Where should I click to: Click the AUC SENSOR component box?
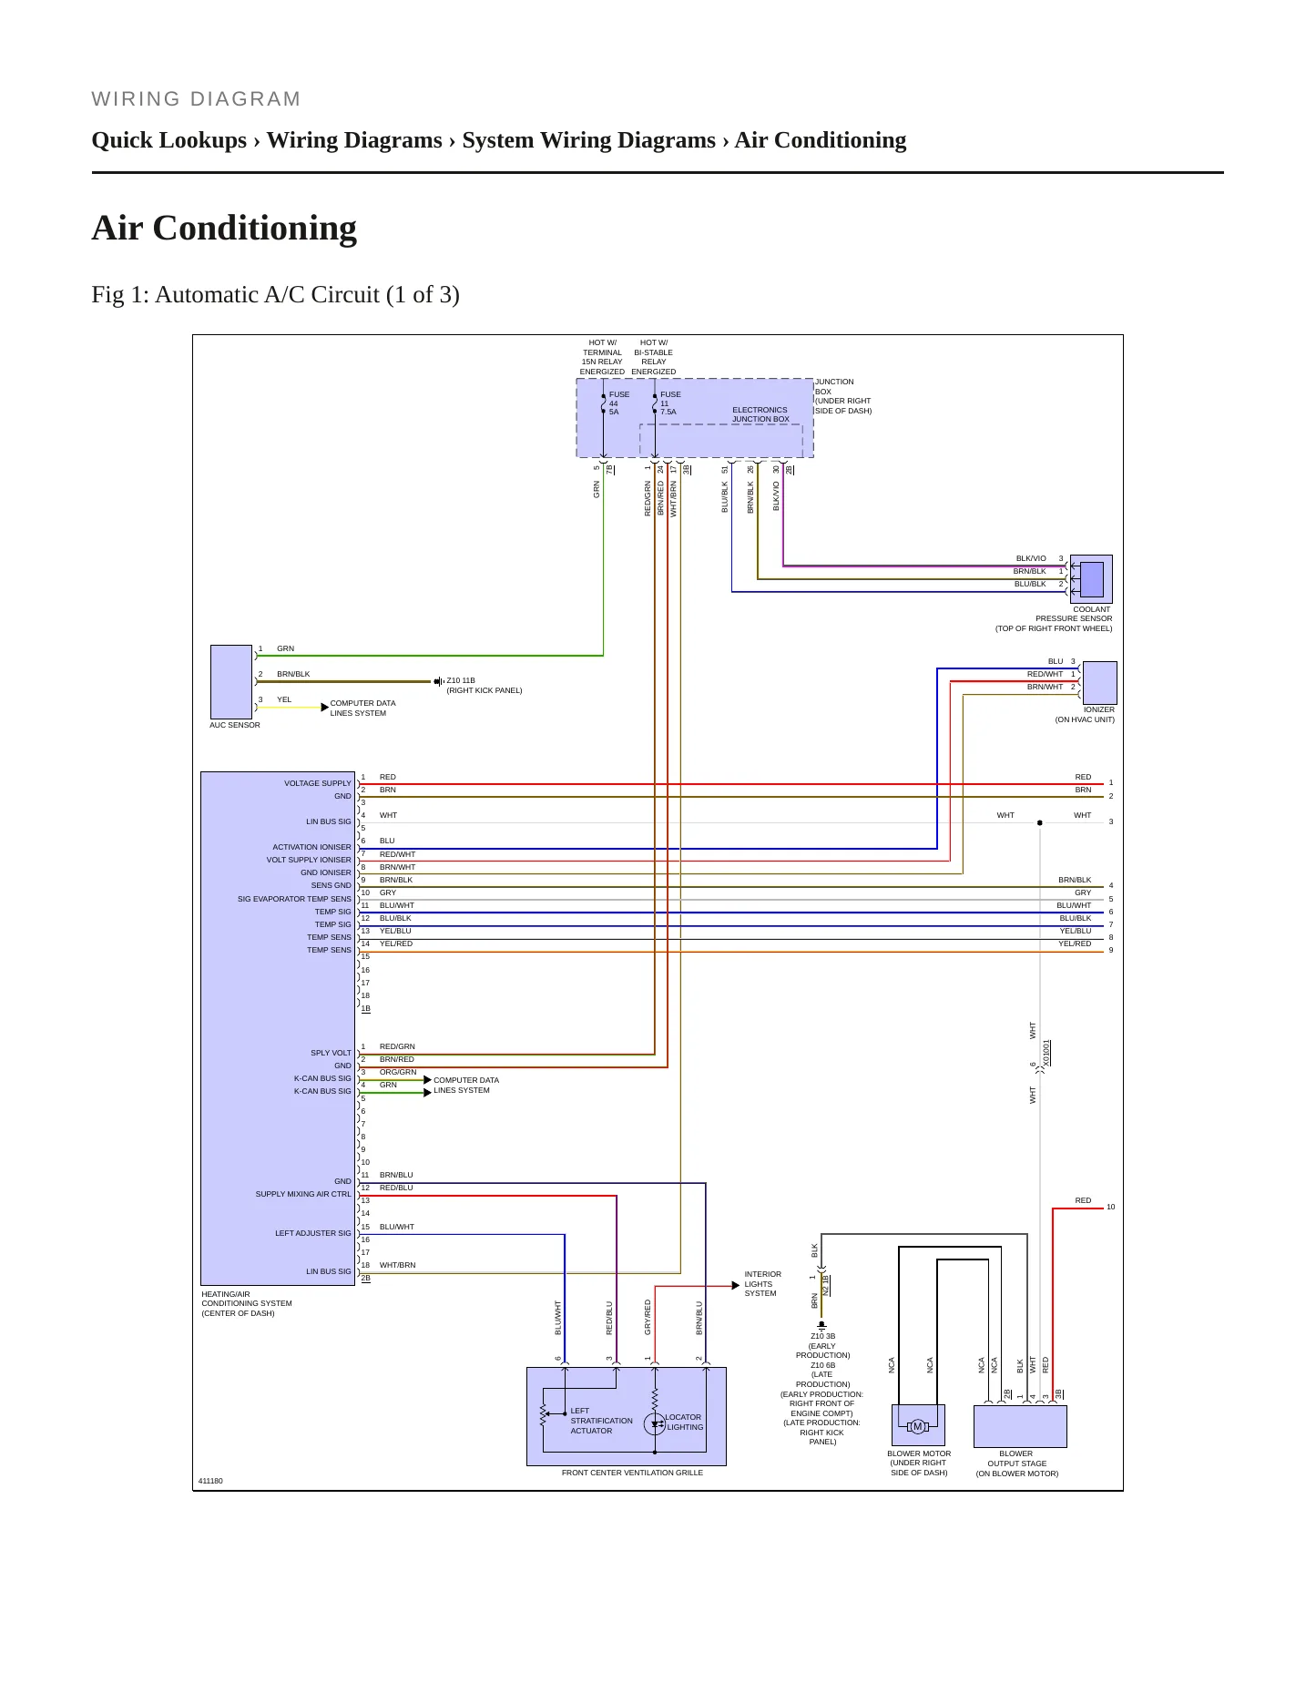(x=231, y=682)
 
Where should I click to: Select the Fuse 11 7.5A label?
(x=670, y=403)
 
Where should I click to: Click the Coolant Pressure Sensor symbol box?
(x=1091, y=579)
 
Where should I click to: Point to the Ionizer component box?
(x=1099, y=683)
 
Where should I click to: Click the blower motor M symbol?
(x=918, y=1426)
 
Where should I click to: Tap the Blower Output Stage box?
(x=1020, y=1427)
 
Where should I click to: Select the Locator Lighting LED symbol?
(x=655, y=1424)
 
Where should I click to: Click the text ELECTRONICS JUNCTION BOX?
(x=760, y=414)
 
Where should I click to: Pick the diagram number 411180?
(x=210, y=1481)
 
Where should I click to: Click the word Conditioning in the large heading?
(x=255, y=229)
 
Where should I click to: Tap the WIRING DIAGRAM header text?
(x=196, y=99)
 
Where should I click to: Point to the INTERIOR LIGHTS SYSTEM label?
(x=762, y=1284)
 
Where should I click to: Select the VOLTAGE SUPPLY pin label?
(x=317, y=783)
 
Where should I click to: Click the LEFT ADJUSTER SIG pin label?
(x=312, y=1233)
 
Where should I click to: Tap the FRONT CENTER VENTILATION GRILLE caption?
(x=632, y=1473)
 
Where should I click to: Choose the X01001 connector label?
(x=1047, y=1053)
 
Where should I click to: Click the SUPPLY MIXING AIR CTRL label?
(x=303, y=1194)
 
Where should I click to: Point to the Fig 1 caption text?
(x=275, y=295)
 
